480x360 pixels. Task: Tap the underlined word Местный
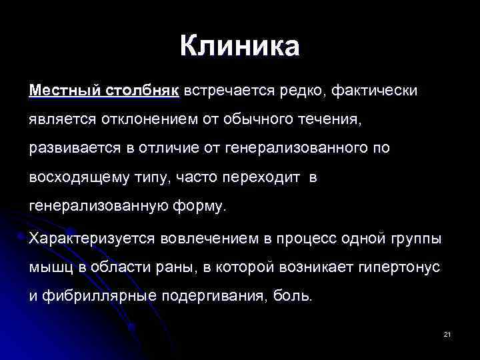64,89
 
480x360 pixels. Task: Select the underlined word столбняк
142,89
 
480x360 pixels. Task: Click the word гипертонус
399,267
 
